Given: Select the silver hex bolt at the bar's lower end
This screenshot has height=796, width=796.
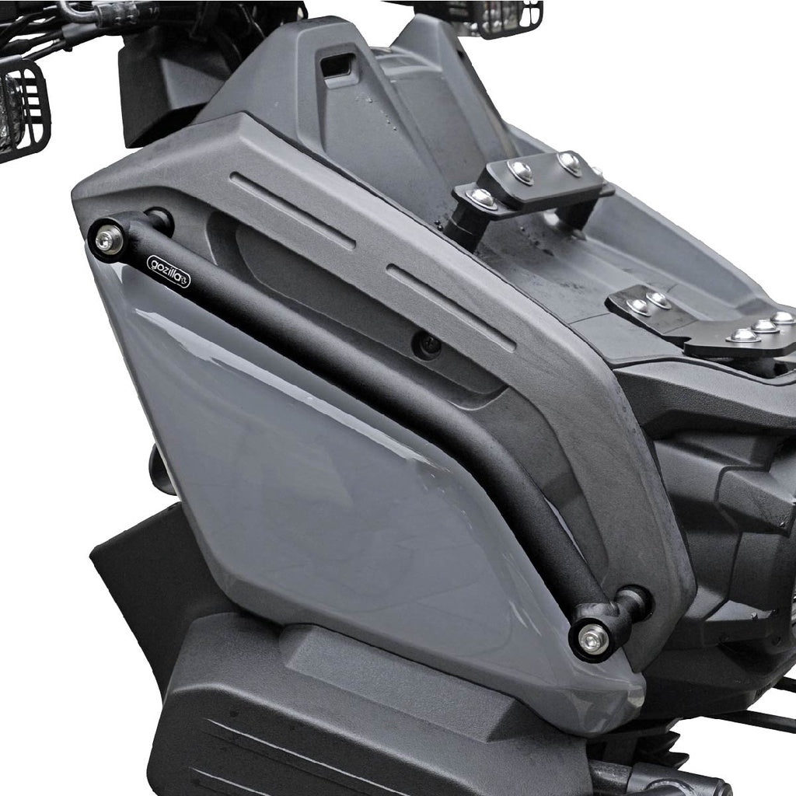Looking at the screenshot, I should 592,637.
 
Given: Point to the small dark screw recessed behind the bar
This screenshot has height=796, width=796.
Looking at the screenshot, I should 427,344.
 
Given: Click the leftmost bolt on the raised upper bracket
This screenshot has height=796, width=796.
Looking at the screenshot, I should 482,197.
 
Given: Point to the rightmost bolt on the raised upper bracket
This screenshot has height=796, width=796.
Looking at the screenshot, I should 570,161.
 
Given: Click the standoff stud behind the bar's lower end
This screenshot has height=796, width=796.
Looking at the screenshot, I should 634,603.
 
